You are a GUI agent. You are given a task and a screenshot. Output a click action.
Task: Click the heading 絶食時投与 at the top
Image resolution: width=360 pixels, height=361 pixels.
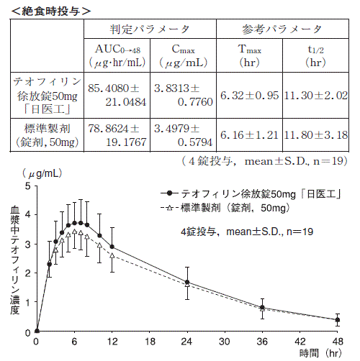pos(51,11)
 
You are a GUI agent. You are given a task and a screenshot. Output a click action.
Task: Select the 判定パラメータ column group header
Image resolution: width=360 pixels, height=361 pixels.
pos(150,29)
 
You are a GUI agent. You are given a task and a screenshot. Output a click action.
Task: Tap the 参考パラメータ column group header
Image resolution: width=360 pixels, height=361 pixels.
pos(282,29)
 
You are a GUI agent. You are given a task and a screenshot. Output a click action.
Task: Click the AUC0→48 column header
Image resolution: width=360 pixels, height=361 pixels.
pos(117,55)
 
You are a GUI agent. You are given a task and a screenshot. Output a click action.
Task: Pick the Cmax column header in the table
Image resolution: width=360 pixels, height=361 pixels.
pos(183,55)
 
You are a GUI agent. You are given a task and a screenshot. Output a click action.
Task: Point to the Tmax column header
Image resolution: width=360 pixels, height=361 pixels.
pos(249,55)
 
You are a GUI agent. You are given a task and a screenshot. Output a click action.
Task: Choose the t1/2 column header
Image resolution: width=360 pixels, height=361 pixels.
pos(315,55)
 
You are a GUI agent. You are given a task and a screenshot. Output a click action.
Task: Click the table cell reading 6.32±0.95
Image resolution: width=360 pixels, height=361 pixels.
pos(249,96)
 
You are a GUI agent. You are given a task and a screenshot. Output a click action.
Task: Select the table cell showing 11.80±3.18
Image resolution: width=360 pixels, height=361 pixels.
pos(316,135)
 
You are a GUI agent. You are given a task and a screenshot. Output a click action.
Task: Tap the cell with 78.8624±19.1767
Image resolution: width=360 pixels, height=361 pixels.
pos(117,135)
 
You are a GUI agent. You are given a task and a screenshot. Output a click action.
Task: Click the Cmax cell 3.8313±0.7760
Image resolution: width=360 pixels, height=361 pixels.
pos(184,95)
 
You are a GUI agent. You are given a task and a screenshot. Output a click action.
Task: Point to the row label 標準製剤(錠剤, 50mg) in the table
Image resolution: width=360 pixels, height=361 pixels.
pos(47,135)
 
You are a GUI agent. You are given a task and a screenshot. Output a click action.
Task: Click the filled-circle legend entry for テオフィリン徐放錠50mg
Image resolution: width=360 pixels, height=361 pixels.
pos(251,193)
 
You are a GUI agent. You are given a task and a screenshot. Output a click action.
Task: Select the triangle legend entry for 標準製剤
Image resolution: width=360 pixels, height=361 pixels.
pos(225,208)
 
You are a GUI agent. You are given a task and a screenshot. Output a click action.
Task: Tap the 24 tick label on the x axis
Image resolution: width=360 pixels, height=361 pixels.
pos(186,342)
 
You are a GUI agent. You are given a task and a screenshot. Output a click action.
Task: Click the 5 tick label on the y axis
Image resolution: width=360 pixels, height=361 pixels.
pos(28,186)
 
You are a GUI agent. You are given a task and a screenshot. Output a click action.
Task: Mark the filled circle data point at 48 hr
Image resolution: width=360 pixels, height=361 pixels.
pos(338,320)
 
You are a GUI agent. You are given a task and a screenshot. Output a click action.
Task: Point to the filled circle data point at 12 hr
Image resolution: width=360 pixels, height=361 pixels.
pos(112,247)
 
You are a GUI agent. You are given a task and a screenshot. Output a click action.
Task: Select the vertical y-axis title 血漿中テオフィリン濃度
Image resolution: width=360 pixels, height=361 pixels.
pos(15,260)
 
